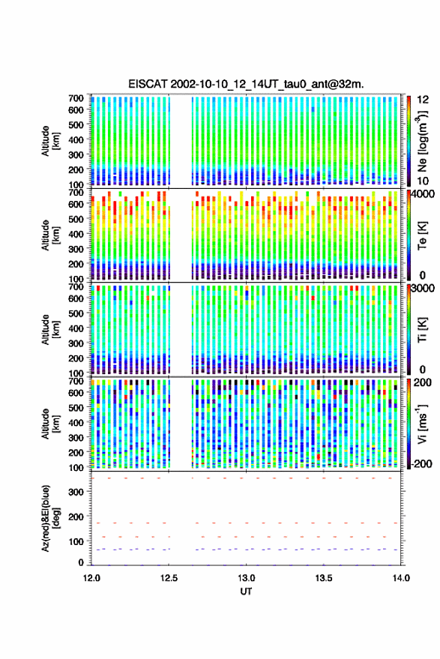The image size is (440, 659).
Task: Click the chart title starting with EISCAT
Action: tap(246, 84)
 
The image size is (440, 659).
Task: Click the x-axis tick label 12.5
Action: tap(169, 578)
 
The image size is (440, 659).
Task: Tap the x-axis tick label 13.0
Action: tap(247, 578)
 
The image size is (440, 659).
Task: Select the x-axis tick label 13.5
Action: tap(324, 578)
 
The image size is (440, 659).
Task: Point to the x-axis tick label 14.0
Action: tap(401, 578)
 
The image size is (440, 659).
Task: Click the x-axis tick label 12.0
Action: tap(91, 578)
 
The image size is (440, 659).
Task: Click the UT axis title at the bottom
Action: tap(247, 592)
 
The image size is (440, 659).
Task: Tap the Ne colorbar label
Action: tap(422, 141)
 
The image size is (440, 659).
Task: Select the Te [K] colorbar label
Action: tap(422, 235)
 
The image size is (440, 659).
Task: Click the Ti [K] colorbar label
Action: tap(422, 330)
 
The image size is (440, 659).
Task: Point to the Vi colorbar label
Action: tap(422, 424)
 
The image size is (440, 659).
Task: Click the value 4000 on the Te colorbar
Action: tap(424, 194)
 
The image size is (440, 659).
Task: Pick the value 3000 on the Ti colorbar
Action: tap(424, 289)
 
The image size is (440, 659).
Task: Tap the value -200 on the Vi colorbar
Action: tap(422, 464)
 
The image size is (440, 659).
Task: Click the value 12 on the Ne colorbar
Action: tap(424, 100)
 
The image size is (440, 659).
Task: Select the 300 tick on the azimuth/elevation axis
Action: tap(76, 491)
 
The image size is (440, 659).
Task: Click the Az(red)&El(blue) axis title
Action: tap(50, 518)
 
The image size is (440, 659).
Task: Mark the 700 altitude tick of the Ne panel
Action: tap(76, 98)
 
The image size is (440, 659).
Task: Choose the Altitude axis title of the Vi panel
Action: tap(50, 424)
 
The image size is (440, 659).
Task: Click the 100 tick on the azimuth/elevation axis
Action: tap(76, 541)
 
